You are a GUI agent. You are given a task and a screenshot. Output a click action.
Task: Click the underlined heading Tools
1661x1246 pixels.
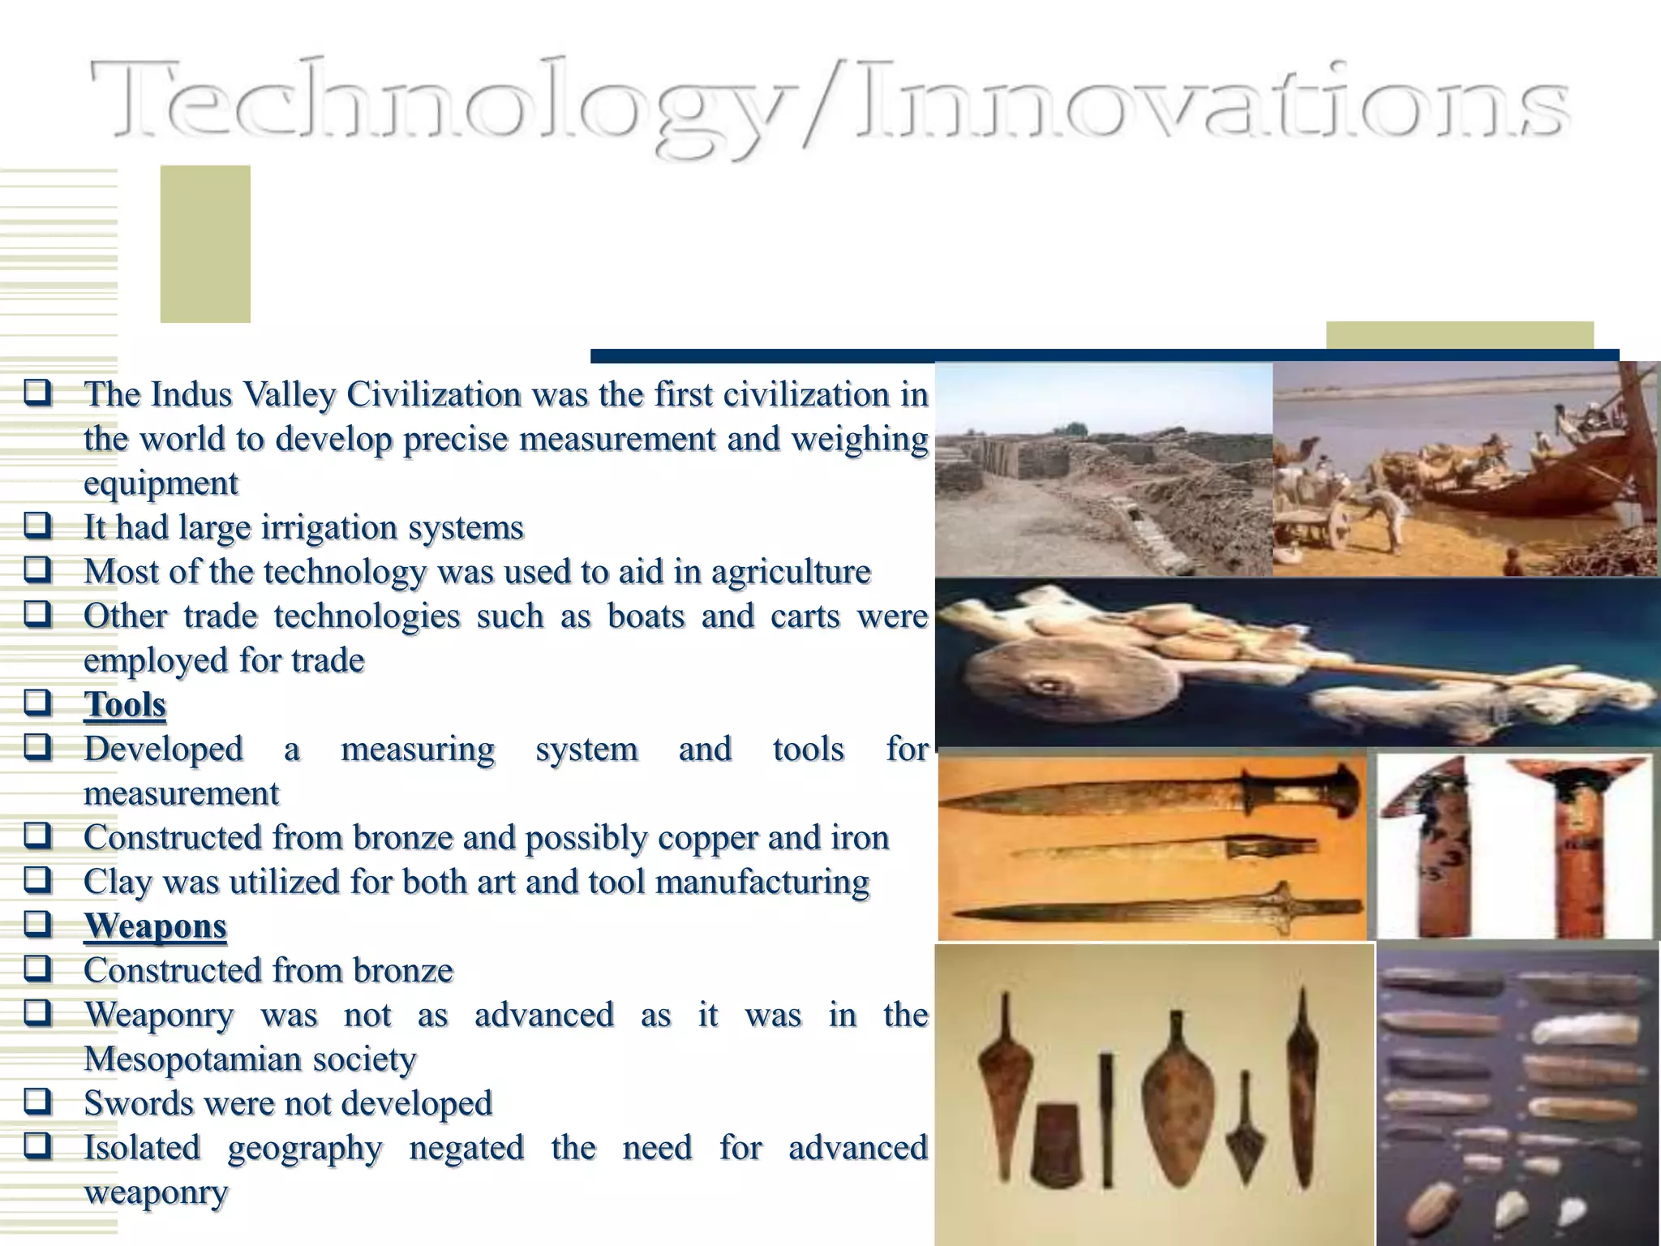125,704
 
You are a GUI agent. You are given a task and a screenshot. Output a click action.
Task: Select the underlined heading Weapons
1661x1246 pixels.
155,926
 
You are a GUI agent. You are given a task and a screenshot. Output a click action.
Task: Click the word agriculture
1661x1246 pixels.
791,572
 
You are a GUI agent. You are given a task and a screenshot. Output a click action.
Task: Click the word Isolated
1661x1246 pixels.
142,1148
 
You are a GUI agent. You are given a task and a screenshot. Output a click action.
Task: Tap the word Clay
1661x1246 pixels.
117,882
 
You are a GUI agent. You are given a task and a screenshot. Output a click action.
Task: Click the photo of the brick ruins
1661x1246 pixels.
1103,470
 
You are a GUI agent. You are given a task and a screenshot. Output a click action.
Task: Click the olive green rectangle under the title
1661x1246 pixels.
204,243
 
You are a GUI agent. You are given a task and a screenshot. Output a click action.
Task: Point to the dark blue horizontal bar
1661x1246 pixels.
1103,355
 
